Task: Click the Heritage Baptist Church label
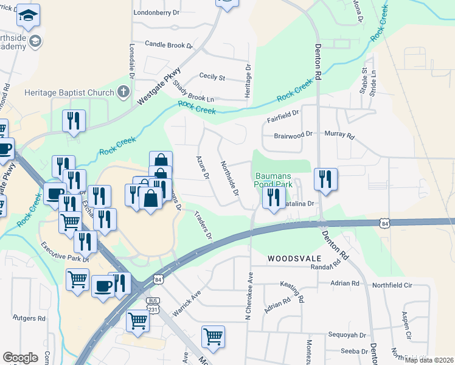point(69,92)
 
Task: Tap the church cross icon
point(123,92)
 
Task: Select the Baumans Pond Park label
point(273,179)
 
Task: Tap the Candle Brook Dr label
point(168,45)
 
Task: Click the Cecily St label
point(212,77)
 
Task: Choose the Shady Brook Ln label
point(193,91)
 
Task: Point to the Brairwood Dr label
point(293,134)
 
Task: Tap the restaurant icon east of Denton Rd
point(325,178)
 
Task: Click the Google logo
point(20,358)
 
